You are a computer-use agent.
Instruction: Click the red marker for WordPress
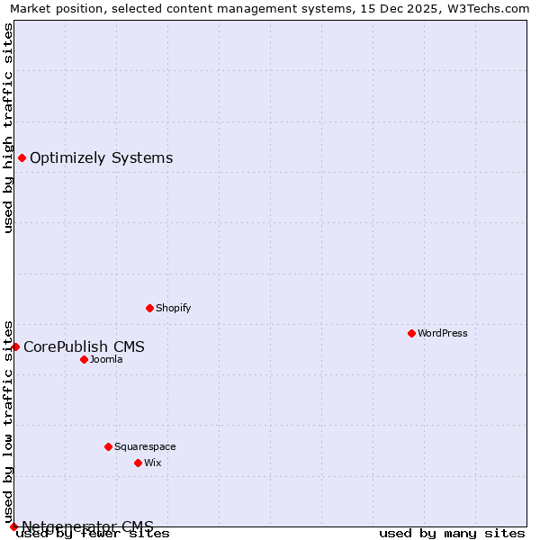coord(411,333)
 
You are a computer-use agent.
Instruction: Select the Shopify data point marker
coord(149,308)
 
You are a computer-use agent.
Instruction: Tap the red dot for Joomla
coord(84,359)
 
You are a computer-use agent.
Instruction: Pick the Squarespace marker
coord(108,446)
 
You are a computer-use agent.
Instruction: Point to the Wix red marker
coord(138,463)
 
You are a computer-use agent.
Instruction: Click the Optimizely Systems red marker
coord(22,158)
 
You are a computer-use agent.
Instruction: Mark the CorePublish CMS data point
coord(15,346)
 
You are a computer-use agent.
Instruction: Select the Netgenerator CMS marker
coord(13,526)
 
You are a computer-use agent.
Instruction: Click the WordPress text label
coord(443,333)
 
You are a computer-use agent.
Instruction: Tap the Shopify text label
coord(174,308)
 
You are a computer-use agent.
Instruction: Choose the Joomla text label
coord(106,359)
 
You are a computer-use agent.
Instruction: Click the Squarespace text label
coord(145,446)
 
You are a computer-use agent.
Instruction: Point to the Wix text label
coord(153,463)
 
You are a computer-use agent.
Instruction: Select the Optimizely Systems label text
coord(102,158)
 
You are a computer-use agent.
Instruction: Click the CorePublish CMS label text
coord(84,346)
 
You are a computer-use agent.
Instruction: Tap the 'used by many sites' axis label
coord(452,533)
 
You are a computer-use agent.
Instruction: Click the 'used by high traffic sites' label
coord(8,128)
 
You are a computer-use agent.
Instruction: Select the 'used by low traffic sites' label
coord(8,421)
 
